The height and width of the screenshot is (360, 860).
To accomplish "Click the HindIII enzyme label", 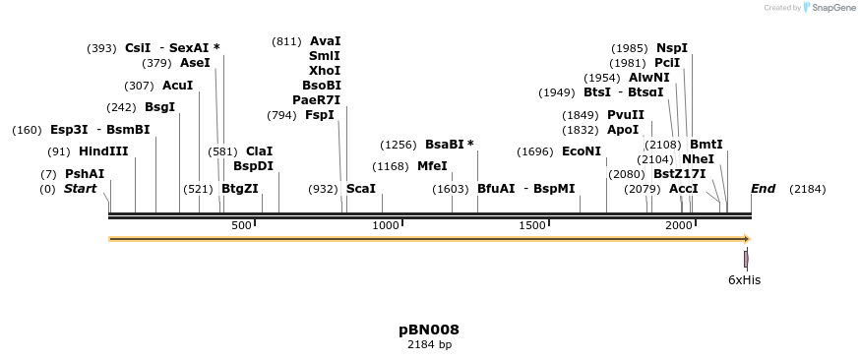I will pos(103,151).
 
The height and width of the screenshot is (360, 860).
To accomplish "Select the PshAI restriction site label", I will pos(85,174).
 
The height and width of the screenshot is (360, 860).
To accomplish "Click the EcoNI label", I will pos(581,151).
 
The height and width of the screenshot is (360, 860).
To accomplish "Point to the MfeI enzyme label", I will pos(432,166).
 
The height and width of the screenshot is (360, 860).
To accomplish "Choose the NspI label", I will pos(672,48).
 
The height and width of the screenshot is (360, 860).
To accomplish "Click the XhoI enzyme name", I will pos(325,71).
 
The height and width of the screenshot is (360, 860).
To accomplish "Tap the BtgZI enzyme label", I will pos(239,188).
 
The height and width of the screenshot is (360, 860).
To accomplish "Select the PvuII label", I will pos(626,115).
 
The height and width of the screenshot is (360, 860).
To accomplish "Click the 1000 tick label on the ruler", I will pos(386,226).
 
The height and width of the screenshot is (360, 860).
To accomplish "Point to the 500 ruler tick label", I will pos(242,226).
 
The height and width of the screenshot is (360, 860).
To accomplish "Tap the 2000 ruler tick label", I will pos(679,226).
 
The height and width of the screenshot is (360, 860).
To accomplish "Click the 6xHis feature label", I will pos(744,280).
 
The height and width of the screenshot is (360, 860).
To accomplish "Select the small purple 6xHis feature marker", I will pos(746,259).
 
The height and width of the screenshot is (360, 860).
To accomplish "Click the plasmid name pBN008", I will pos(429,330).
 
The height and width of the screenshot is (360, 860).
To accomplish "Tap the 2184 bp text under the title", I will pos(429,345).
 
